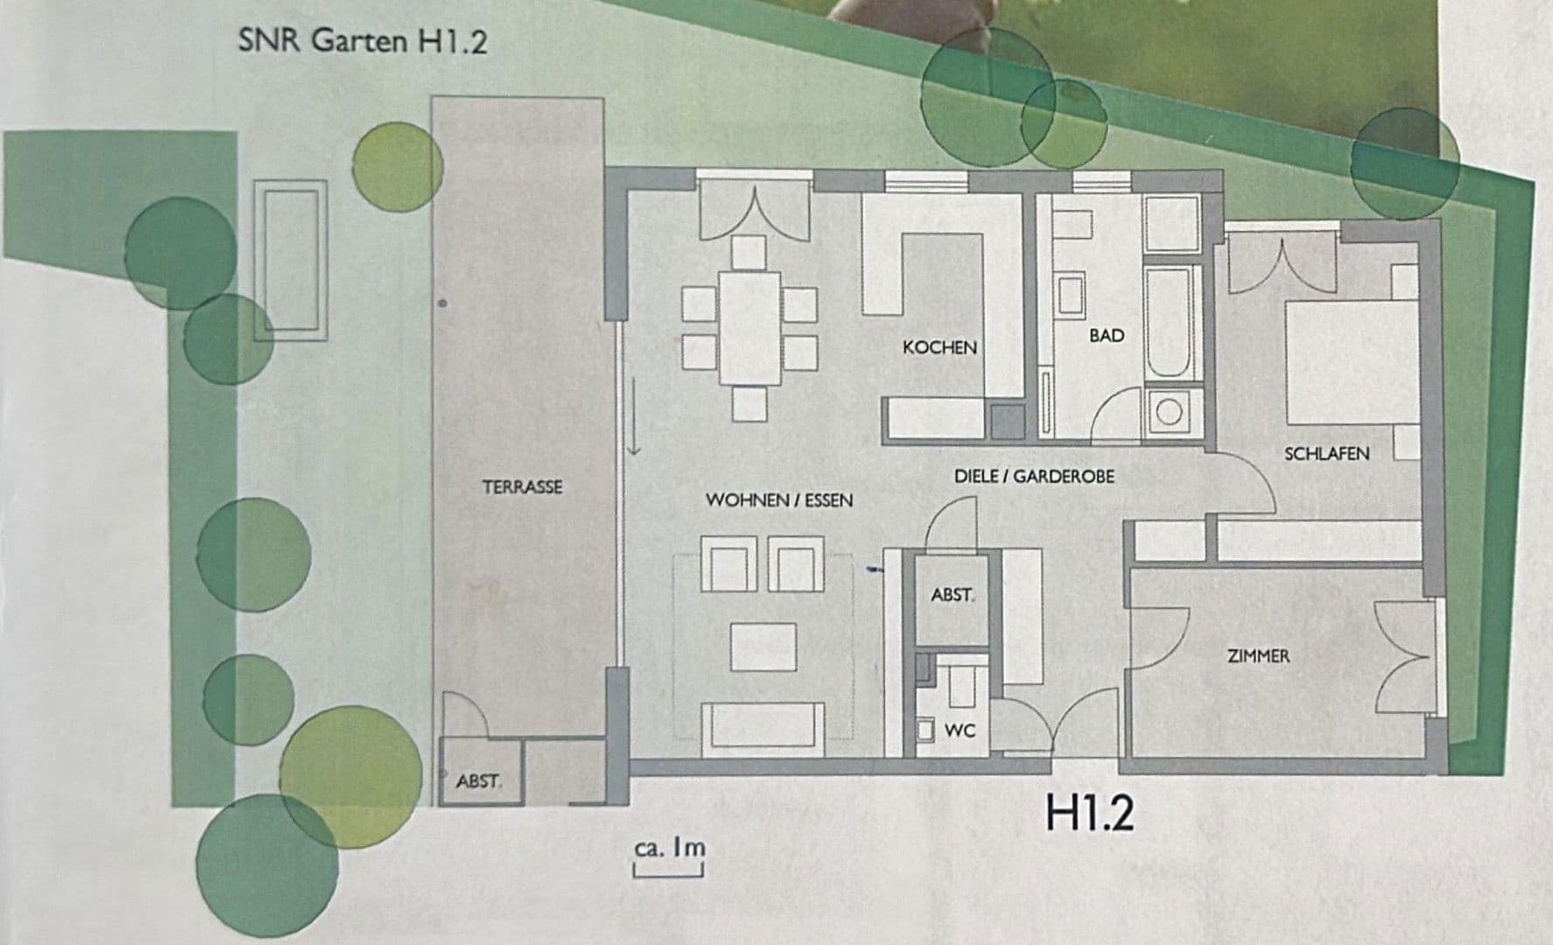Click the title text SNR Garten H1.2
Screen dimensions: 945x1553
[x=362, y=42]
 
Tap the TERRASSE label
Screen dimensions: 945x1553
[x=523, y=486]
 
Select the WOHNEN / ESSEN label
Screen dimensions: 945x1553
[x=779, y=500]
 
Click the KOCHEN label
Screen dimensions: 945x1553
[x=939, y=347]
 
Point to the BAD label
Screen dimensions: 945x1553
[x=1107, y=335]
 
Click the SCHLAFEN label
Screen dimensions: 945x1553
[x=1326, y=453]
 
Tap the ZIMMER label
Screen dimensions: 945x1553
[x=1258, y=655]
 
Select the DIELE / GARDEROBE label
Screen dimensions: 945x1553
[x=1034, y=477]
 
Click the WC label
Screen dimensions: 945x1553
[x=959, y=731]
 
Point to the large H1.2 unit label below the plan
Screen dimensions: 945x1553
[x=1090, y=813]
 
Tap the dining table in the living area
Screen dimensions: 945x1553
[x=749, y=328]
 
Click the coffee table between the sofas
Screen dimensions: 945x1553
[x=762, y=647]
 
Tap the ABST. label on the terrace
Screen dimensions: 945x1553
[x=478, y=780]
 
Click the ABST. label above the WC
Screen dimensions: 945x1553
[x=952, y=595]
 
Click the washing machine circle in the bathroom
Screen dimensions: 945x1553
[x=1170, y=410]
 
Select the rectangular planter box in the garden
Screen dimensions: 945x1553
[x=291, y=260]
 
